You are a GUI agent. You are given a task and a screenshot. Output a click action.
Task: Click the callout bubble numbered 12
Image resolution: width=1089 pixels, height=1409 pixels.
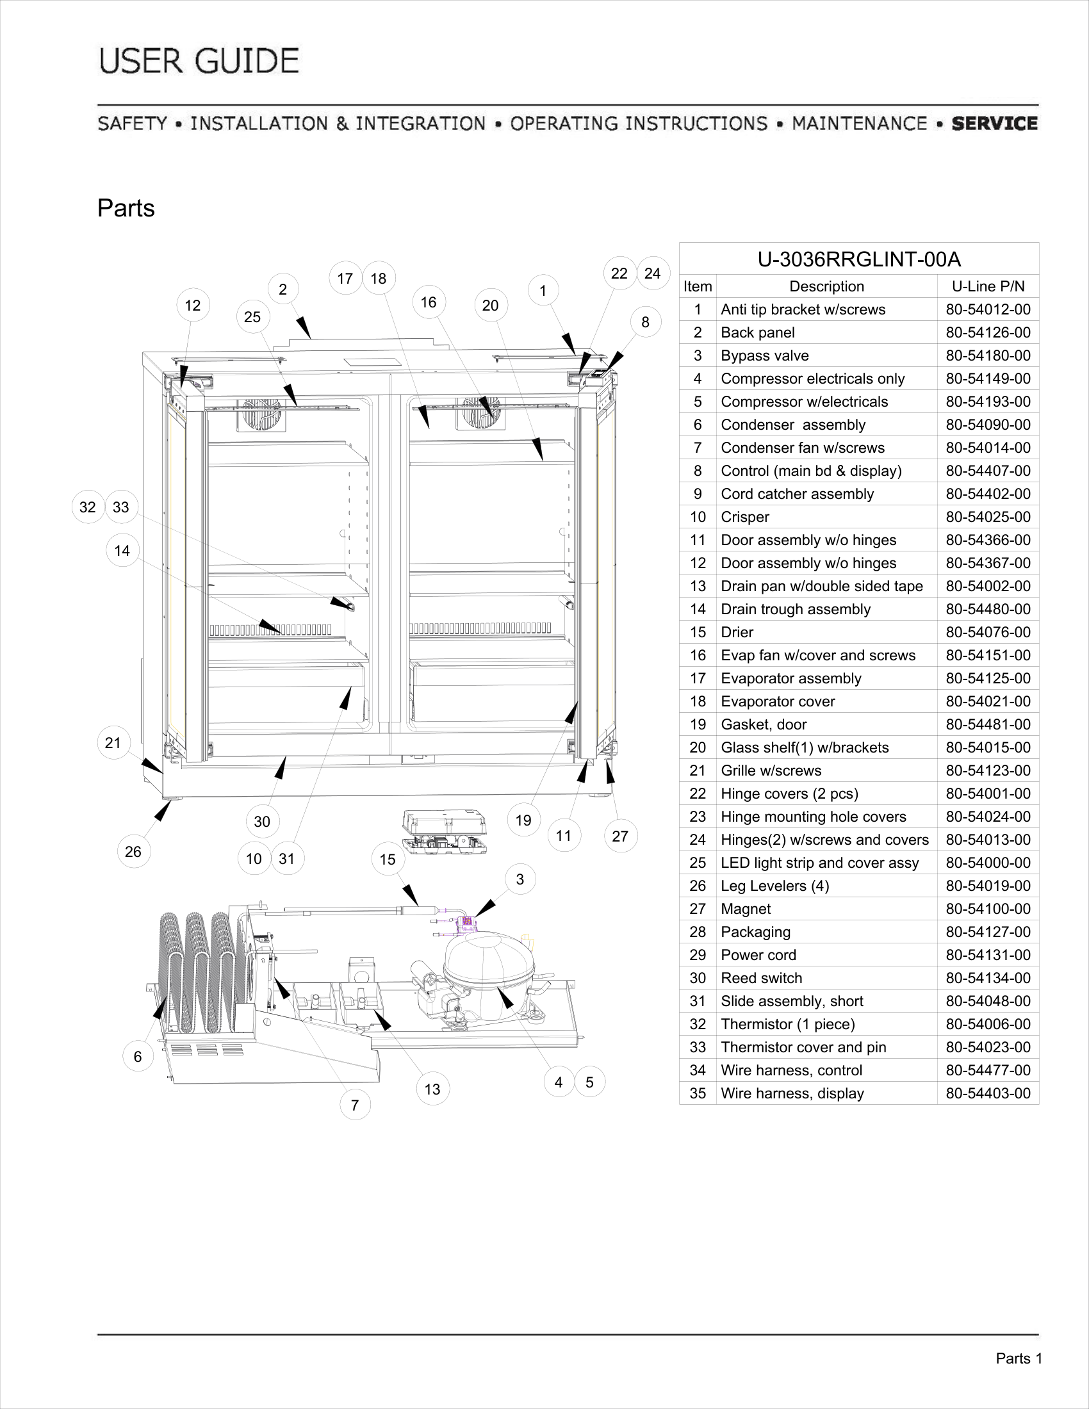(192, 305)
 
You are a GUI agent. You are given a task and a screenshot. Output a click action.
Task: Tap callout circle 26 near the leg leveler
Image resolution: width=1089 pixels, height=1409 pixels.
(133, 852)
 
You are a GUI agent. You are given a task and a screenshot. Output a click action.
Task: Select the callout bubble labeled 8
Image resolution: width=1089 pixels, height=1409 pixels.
(645, 322)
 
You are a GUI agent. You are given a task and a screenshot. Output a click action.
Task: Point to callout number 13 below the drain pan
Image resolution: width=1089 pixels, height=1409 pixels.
(432, 1089)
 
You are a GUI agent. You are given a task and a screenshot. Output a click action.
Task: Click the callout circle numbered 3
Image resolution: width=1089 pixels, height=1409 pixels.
(520, 879)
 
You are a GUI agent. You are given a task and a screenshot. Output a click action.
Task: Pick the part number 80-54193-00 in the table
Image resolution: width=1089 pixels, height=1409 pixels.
(988, 402)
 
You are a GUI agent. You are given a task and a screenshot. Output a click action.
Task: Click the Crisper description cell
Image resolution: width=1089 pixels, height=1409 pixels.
(745, 517)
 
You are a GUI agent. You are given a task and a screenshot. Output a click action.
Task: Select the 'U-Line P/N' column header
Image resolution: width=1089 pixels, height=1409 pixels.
(988, 286)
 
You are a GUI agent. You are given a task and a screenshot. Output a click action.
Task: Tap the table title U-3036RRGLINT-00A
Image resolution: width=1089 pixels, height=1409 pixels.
(858, 259)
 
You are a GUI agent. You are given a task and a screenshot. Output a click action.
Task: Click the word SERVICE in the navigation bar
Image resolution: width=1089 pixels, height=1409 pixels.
(995, 123)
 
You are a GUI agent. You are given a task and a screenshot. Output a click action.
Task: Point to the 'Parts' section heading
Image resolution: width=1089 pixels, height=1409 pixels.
(126, 208)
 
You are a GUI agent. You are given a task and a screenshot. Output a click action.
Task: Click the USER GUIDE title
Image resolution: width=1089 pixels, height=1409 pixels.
(199, 61)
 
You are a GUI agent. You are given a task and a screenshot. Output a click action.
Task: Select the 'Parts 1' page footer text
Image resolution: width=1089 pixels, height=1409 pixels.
(1019, 1358)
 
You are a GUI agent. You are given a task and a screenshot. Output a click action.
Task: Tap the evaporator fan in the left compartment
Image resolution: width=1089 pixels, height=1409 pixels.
(261, 414)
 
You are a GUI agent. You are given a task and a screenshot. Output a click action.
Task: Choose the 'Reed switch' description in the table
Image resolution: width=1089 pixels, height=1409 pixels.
(761, 978)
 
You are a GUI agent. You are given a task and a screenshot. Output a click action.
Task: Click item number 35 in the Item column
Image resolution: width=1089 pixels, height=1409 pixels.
(698, 1093)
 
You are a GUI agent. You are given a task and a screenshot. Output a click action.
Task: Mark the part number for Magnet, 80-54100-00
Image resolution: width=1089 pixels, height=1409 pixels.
(988, 908)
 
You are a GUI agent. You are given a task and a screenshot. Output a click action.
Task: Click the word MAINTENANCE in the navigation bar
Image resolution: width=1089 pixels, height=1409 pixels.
(859, 123)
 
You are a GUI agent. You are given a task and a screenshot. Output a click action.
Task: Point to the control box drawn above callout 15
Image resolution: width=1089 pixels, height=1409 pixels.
(444, 831)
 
